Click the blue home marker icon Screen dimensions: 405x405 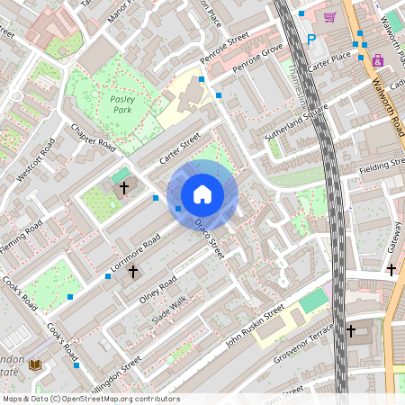coord(202,194)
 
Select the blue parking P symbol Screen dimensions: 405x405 coord(311,40)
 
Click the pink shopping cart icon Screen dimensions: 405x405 coord(329,16)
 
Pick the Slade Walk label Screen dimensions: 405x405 coord(168,311)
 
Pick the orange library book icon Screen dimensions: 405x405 coord(35,364)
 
